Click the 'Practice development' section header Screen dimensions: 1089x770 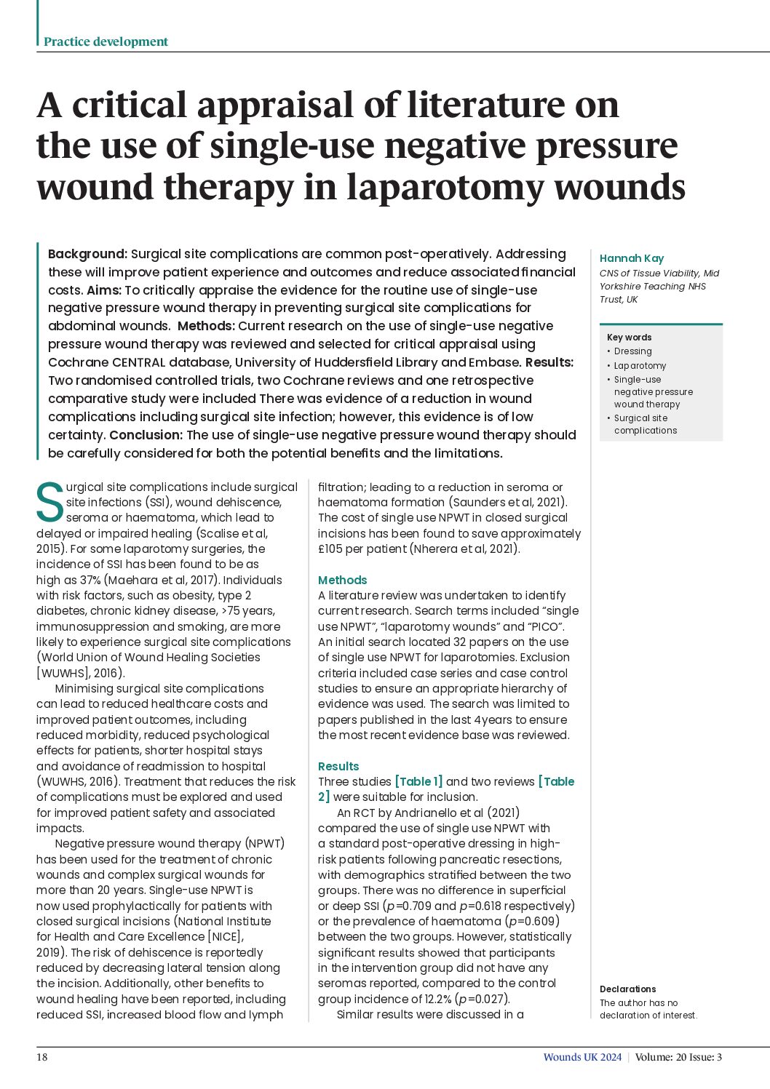click(x=106, y=41)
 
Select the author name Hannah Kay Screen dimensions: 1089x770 click(x=631, y=258)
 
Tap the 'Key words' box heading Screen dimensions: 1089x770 click(x=629, y=338)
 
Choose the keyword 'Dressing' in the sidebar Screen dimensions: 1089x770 click(x=632, y=351)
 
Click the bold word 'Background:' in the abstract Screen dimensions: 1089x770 click(x=87, y=254)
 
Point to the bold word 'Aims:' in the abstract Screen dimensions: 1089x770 click(x=105, y=290)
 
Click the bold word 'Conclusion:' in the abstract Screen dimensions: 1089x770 click(x=146, y=435)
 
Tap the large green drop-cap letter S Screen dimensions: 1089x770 click(x=49, y=502)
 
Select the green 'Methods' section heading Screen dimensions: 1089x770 click(x=342, y=580)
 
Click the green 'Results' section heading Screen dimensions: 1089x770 click(x=338, y=766)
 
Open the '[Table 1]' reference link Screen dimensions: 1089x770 click(x=418, y=781)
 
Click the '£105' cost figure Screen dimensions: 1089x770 click(x=331, y=549)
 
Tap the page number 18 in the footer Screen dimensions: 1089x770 click(x=42, y=1057)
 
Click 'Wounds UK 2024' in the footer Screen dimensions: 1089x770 click(x=582, y=1057)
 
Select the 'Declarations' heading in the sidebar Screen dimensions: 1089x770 click(x=627, y=989)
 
